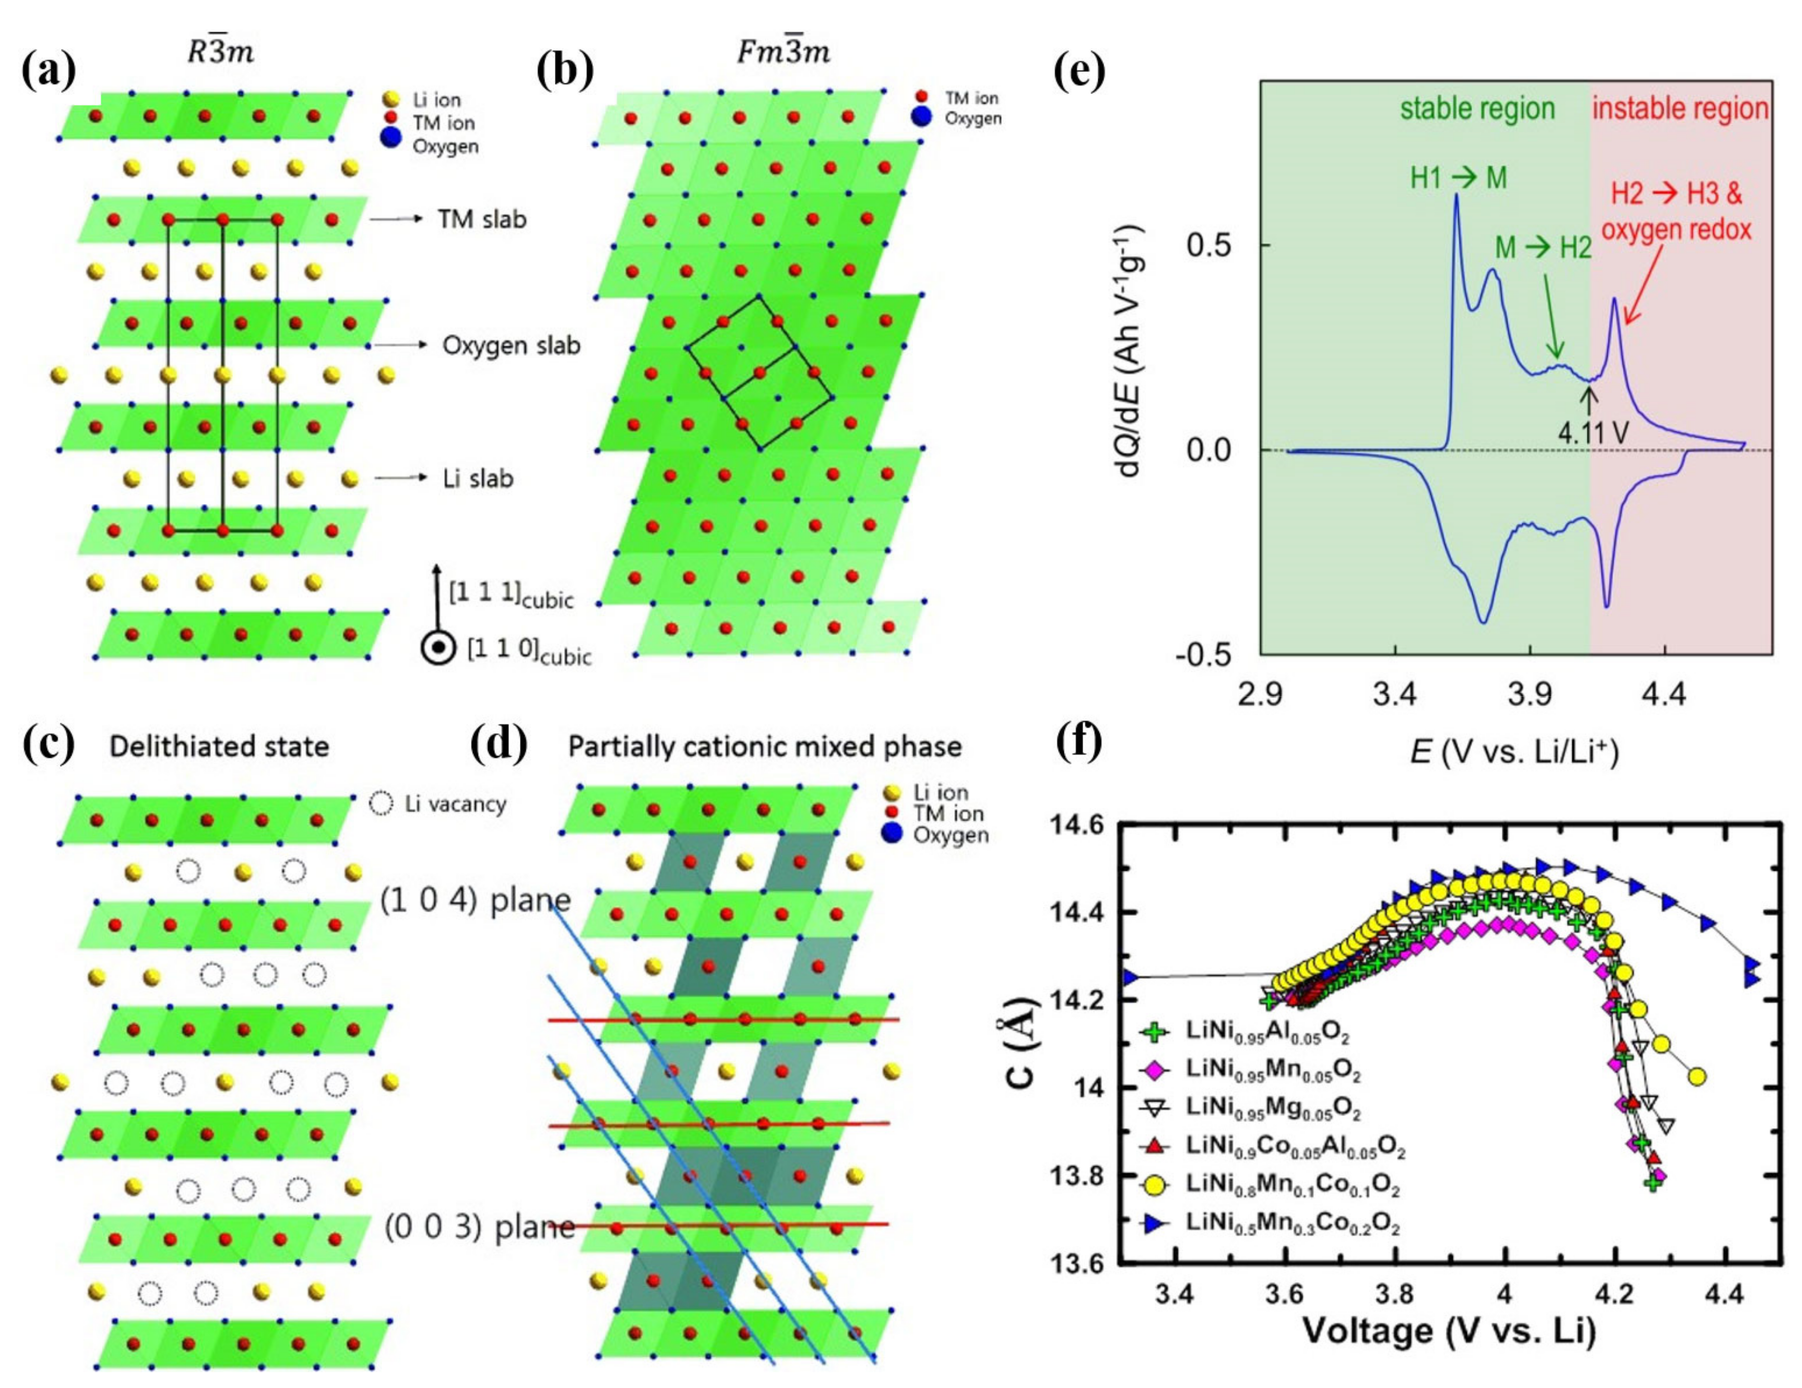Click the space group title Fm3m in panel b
click(x=782, y=51)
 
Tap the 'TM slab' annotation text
click(x=482, y=219)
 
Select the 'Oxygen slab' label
click(x=511, y=345)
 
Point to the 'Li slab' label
click(x=478, y=478)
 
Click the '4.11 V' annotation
click(x=1593, y=432)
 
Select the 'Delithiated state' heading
click(x=219, y=746)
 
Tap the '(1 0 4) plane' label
click(x=475, y=900)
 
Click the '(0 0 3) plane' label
click(x=479, y=1227)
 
